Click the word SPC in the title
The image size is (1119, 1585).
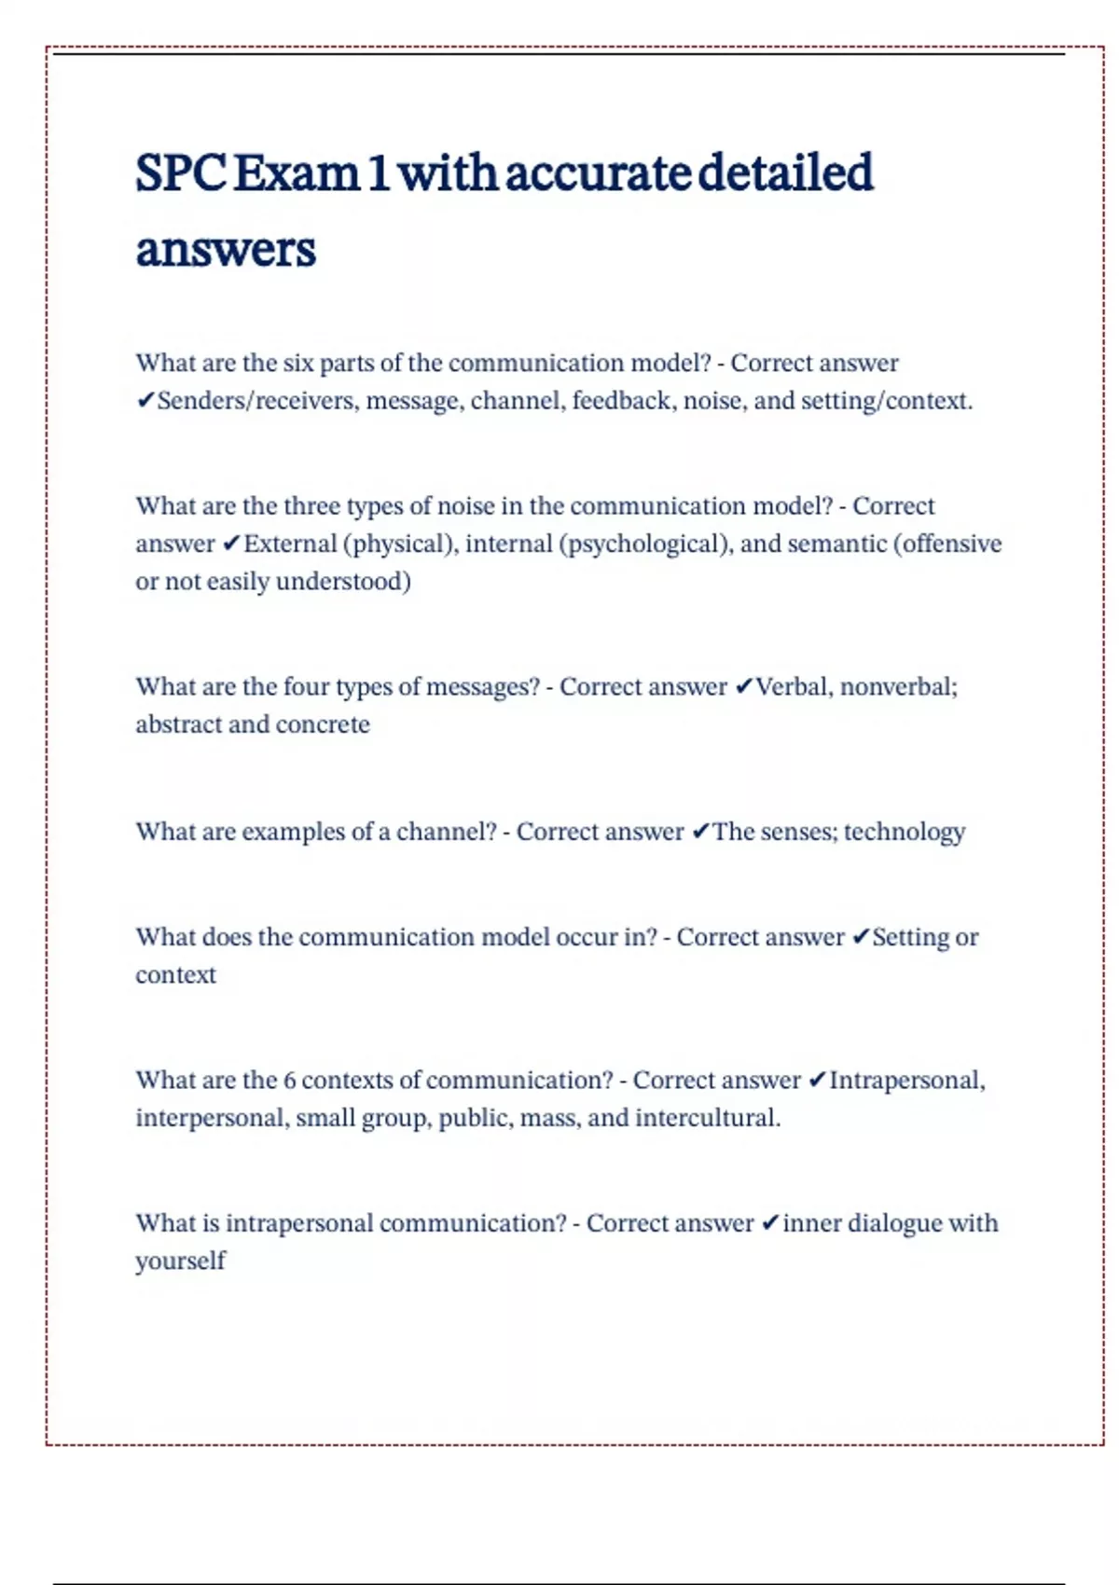pos(181,173)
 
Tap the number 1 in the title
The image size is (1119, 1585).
pos(378,173)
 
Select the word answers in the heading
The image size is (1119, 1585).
pos(226,250)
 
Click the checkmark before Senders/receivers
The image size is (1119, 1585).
pos(145,401)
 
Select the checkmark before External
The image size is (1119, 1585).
pos(232,544)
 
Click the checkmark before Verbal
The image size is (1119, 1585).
pos(743,687)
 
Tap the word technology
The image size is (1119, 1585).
pos(904,832)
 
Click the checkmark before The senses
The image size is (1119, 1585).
pos(700,832)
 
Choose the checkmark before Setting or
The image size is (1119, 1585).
pos(861,937)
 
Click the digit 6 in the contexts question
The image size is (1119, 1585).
pos(289,1081)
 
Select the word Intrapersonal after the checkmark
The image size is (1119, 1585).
pos(906,1081)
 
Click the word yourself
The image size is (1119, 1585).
pos(181,1261)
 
